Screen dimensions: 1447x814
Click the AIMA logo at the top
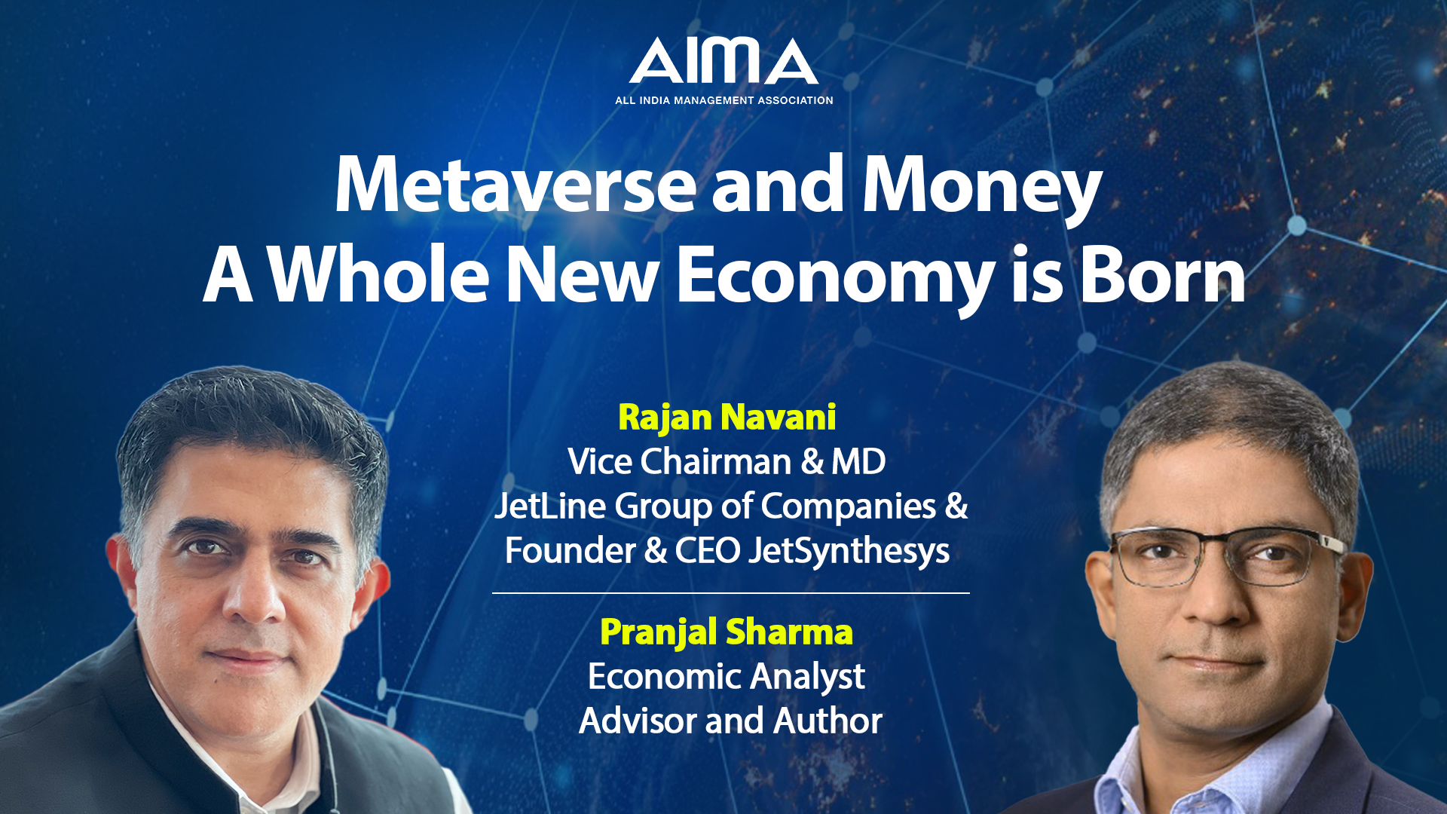click(723, 61)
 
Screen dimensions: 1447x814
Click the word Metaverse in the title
click(515, 185)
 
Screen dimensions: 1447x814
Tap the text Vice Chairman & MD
click(727, 461)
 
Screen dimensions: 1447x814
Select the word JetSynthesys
click(849, 552)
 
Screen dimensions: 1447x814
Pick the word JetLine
click(550, 506)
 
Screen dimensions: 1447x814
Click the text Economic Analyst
click(727, 677)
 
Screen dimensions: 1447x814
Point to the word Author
click(828, 721)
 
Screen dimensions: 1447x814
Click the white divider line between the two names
click(731, 593)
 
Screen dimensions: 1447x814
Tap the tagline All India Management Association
click(724, 100)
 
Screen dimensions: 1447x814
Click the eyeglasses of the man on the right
click(1227, 556)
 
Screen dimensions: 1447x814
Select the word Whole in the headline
click(379, 274)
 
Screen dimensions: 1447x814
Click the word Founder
click(570, 551)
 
